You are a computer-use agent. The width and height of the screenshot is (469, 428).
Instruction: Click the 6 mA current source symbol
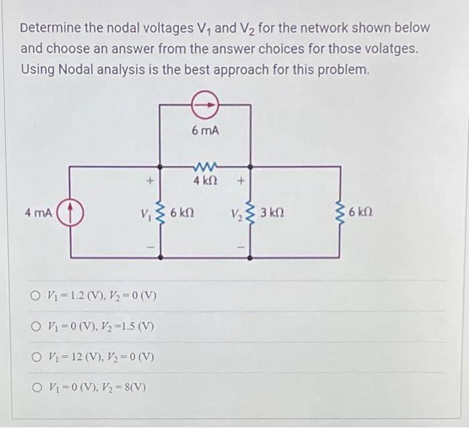point(204,104)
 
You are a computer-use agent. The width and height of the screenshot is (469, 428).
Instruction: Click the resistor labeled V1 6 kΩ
point(159,214)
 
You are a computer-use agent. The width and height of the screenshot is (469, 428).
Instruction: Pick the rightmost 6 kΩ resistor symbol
point(340,214)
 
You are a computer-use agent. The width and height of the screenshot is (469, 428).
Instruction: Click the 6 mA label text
point(204,131)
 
